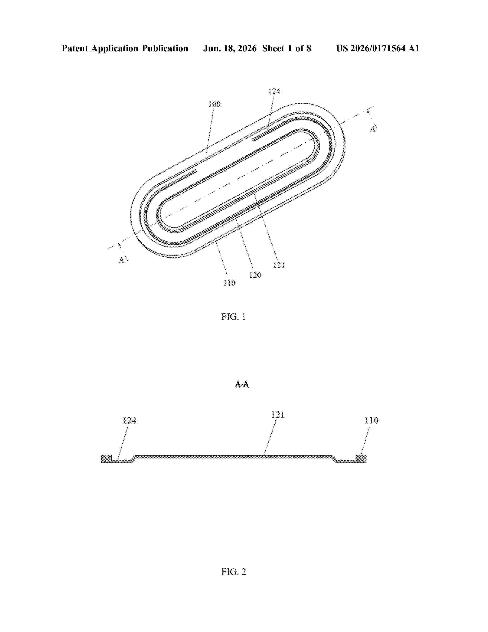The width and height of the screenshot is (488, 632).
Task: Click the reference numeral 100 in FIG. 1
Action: click(215, 104)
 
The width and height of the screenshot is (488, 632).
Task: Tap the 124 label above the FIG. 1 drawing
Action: click(274, 91)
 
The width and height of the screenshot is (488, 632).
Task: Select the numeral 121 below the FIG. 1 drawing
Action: click(279, 265)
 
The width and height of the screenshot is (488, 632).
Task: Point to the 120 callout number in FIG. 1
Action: click(255, 275)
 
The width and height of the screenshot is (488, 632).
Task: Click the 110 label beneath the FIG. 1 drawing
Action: click(229, 283)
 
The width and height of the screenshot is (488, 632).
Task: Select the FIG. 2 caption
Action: click(234, 572)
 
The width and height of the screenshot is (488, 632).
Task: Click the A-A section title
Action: click(242, 384)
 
